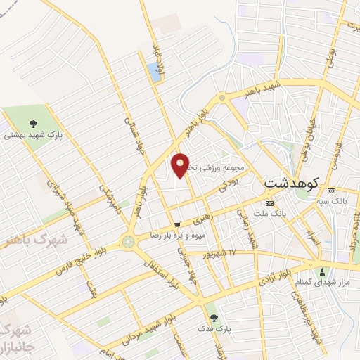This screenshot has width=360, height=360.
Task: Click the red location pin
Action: point(181,165)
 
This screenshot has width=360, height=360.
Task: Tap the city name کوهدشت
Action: point(291,182)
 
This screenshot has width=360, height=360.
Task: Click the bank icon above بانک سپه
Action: point(332,191)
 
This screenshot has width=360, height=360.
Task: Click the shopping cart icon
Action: point(176,225)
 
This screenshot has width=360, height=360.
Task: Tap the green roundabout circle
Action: point(128,241)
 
